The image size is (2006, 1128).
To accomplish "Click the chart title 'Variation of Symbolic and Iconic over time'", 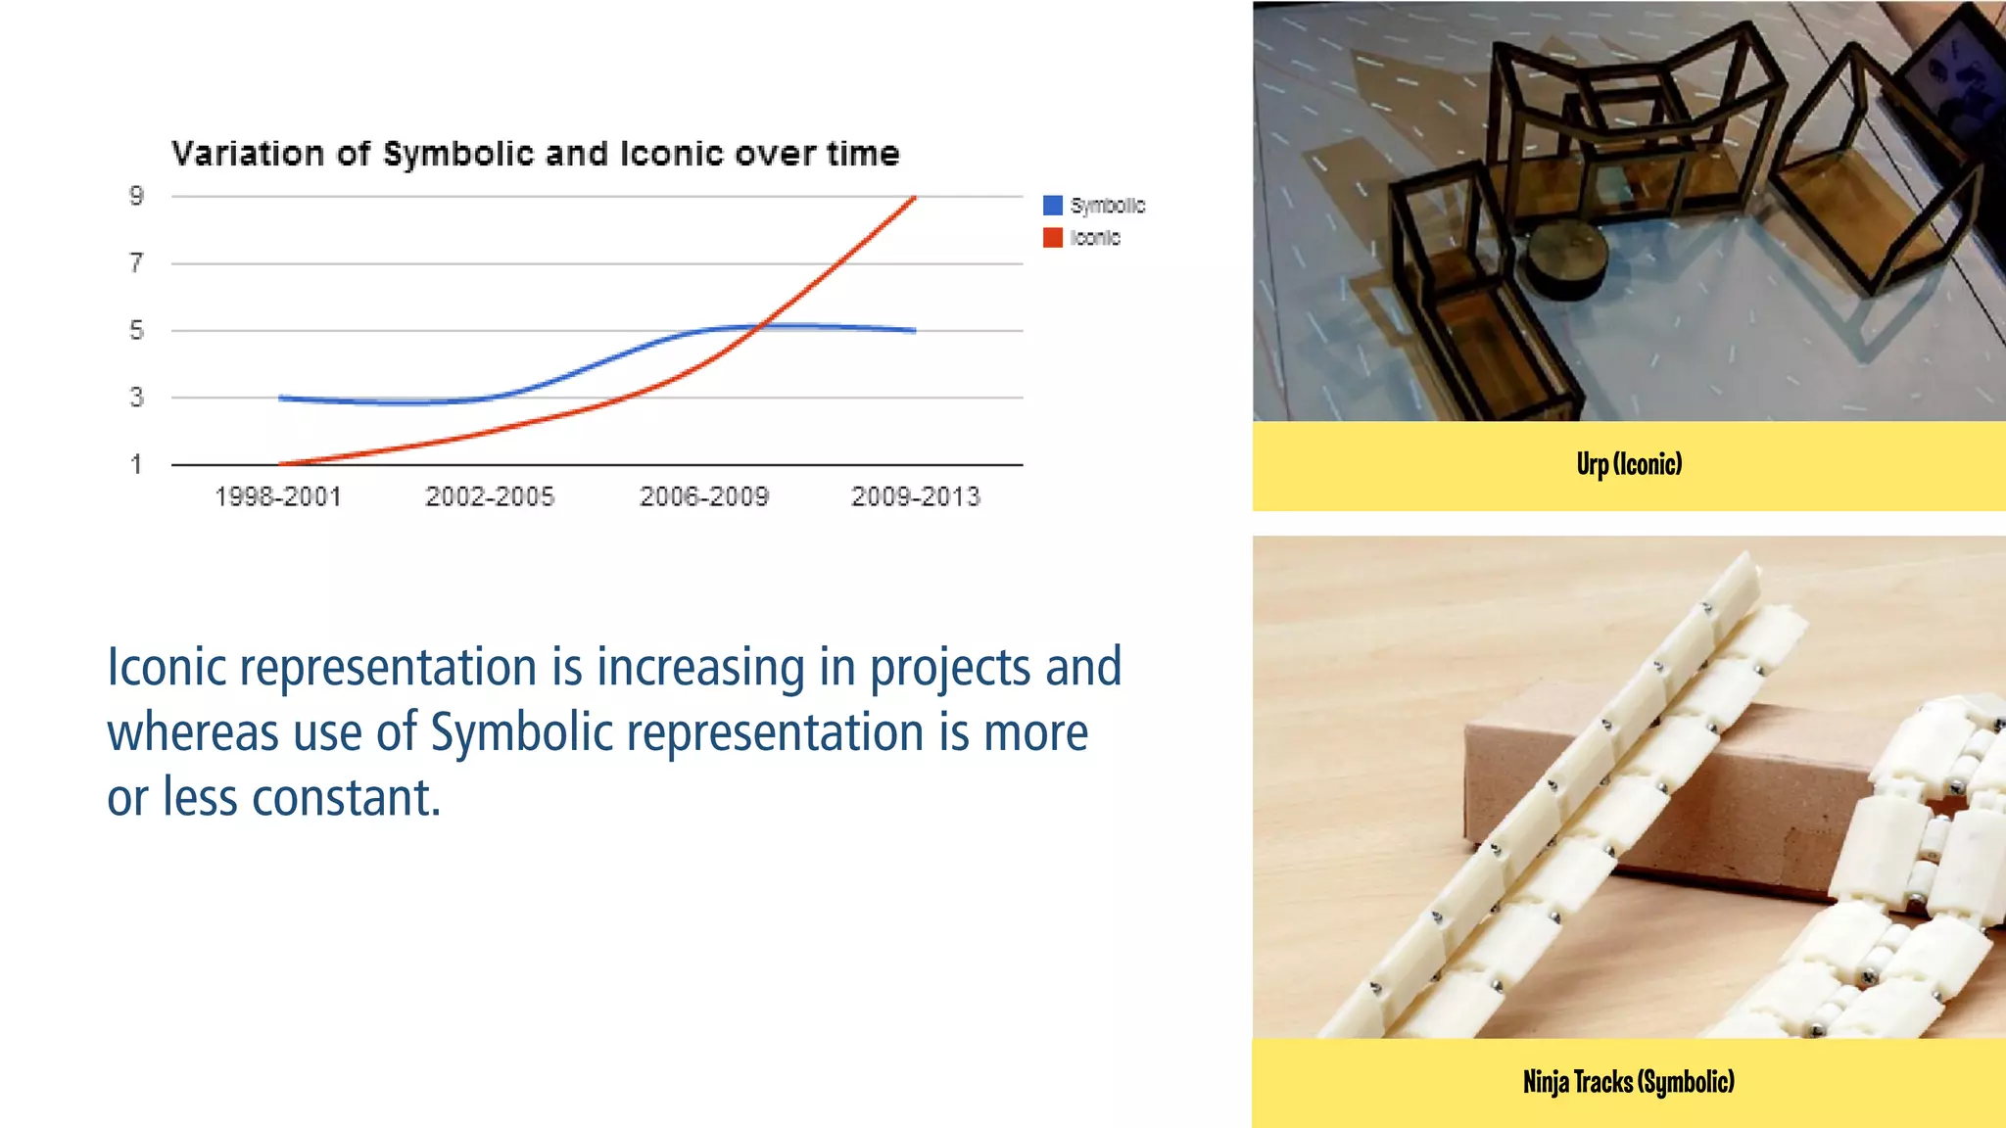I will tap(535, 154).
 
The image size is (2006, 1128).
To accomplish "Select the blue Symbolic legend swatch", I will tap(1053, 206).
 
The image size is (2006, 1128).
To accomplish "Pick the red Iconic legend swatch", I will tap(1053, 238).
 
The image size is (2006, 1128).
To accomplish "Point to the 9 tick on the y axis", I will tap(136, 196).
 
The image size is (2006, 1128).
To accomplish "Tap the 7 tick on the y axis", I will tap(136, 262).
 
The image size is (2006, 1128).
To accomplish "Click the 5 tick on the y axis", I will tap(136, 330).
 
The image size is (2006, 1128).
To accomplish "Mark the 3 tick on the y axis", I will tap(136, 397).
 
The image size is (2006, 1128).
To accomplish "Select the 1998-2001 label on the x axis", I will tap(278, 496).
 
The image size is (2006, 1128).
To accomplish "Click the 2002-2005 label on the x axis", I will tap(490, 496).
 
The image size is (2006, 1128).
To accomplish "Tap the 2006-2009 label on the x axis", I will tap(704, 496).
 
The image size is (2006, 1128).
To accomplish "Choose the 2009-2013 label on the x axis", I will tap(916, 496).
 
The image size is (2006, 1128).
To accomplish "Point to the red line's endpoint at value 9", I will tap(913, 198).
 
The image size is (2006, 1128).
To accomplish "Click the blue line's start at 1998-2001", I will tap(281, 398).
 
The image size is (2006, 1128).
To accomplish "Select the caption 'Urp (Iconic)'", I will tap(1629, 464).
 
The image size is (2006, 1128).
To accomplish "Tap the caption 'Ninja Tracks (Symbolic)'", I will tap(1629, 1082).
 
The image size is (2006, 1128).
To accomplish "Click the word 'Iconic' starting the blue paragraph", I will tap(167, 668).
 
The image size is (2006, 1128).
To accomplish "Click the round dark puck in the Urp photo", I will tap(1567, 260).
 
